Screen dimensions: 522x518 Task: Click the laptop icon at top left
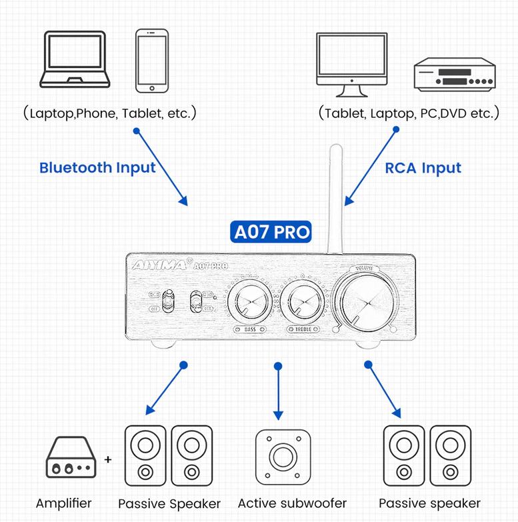coord(73,59)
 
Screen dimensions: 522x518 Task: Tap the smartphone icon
coord(151,60)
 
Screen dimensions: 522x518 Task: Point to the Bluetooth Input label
coord(97,167)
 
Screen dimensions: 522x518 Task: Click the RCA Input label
coord(423,167)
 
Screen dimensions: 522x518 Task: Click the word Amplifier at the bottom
coord(63,503)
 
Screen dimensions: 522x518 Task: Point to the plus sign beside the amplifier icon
coord(108,460)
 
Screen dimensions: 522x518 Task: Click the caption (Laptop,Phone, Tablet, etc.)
coord(109,113)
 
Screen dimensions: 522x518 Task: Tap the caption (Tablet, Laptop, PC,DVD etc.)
coord(409,113)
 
